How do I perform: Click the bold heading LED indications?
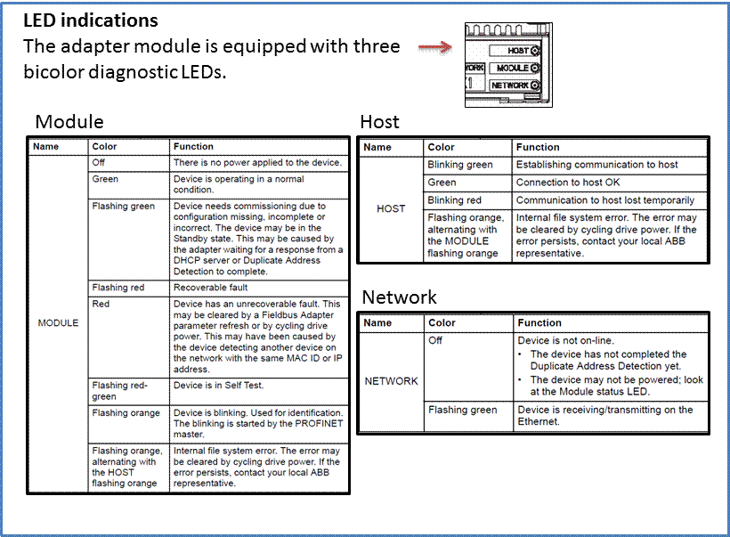click(x=91, y=20)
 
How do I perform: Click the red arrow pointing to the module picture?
click(x=435, y=47)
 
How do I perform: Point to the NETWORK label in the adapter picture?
click(x=510, y=85)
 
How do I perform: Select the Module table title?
click(x=69, y=122)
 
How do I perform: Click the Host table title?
click(x=379, y=122)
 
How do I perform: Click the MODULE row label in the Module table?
click(x=58, y=322)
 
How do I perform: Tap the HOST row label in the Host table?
click(x=391, y=208)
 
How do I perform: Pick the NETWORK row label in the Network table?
click(x=391, y=381)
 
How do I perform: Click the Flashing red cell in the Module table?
click(x=118, y=288)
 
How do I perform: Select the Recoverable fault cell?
click(x=210, y=288)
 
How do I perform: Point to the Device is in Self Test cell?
click(x=218, y=386)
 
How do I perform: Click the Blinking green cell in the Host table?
click(x=460, y=165)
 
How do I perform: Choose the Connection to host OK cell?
click(x=568, y=183)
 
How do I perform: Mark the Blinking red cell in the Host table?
click(x=454, y=200)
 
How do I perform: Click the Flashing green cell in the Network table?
click(x=463, y=410)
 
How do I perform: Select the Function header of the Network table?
click(x=539, y=322)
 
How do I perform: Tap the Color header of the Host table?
click(x=441, y=147)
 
